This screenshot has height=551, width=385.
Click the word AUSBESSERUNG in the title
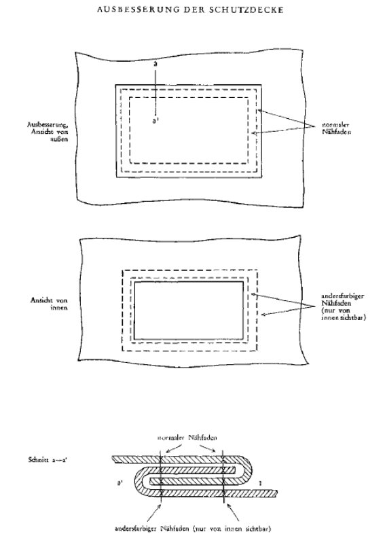point(139,10)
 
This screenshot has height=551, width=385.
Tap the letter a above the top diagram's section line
point(155,65)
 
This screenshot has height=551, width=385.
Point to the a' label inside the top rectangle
point(155,121)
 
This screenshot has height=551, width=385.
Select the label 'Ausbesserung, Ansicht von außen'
point(48,131)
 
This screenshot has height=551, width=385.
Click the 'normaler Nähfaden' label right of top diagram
point(336,128)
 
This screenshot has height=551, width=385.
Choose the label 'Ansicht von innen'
point(49,304)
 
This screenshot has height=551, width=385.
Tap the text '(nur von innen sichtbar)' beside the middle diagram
point(344,314)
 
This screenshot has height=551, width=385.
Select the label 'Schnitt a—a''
point(48,459)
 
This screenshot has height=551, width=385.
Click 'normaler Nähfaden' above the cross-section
point(187,438)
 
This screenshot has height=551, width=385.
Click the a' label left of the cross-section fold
point(120,483)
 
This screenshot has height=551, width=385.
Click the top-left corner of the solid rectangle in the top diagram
point(116,85)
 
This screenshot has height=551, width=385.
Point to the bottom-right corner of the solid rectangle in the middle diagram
point(243,339)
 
